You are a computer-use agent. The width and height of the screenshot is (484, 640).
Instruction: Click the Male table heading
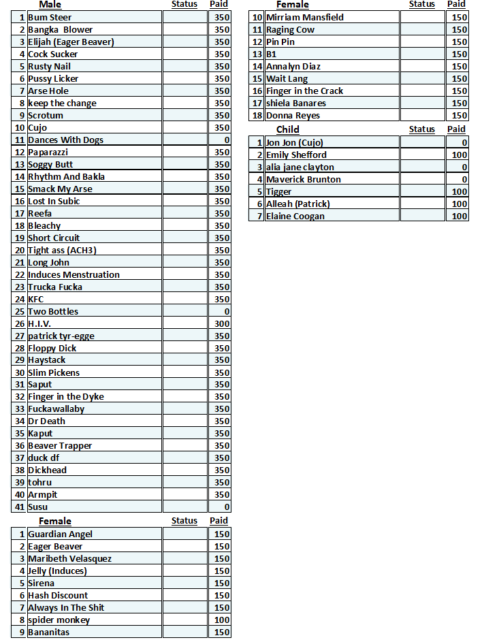click(x=50, y=5)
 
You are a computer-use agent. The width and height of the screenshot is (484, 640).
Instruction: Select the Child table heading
click(x=287, y=129)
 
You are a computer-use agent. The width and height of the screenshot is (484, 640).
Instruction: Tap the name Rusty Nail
click(x=49, y=67)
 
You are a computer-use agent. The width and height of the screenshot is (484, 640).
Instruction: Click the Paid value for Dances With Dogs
click(x=219, y=140)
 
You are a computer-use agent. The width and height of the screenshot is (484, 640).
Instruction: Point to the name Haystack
click(x=47, y=360)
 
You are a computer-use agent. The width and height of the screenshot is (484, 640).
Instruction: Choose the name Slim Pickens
click(x=54, y=372)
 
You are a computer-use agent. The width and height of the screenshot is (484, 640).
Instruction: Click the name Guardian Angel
click(x=60, y=534)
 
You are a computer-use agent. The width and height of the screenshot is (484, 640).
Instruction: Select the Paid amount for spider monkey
click(x=219, y=620)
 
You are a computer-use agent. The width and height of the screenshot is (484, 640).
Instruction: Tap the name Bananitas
click(x=48, y=633)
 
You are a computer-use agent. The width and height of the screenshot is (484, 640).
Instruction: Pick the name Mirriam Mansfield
click(x=304, y=18)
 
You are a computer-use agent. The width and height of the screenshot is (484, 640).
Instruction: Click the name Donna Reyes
click(x=293, y=116)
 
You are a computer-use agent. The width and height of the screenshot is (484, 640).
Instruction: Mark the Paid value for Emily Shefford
click(x=457, y=155)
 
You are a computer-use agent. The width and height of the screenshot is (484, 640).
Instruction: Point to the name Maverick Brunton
click(x=303, y=180)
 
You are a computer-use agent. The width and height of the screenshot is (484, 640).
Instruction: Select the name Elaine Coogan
click(x=295, y=217)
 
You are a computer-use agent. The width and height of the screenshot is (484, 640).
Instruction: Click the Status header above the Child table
click(x=422, y=129)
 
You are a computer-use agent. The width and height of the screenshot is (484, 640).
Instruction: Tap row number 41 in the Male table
click(x=20, y=507)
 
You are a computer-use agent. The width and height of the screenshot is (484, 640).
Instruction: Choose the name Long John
click(x=48, y=263)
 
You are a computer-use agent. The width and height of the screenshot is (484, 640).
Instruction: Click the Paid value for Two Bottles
click(x=219, y=312)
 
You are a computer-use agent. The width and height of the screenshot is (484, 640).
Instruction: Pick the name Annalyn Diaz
click(x=293, y=67)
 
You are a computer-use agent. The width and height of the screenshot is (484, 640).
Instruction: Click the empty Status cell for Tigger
click(x=422, y=192)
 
